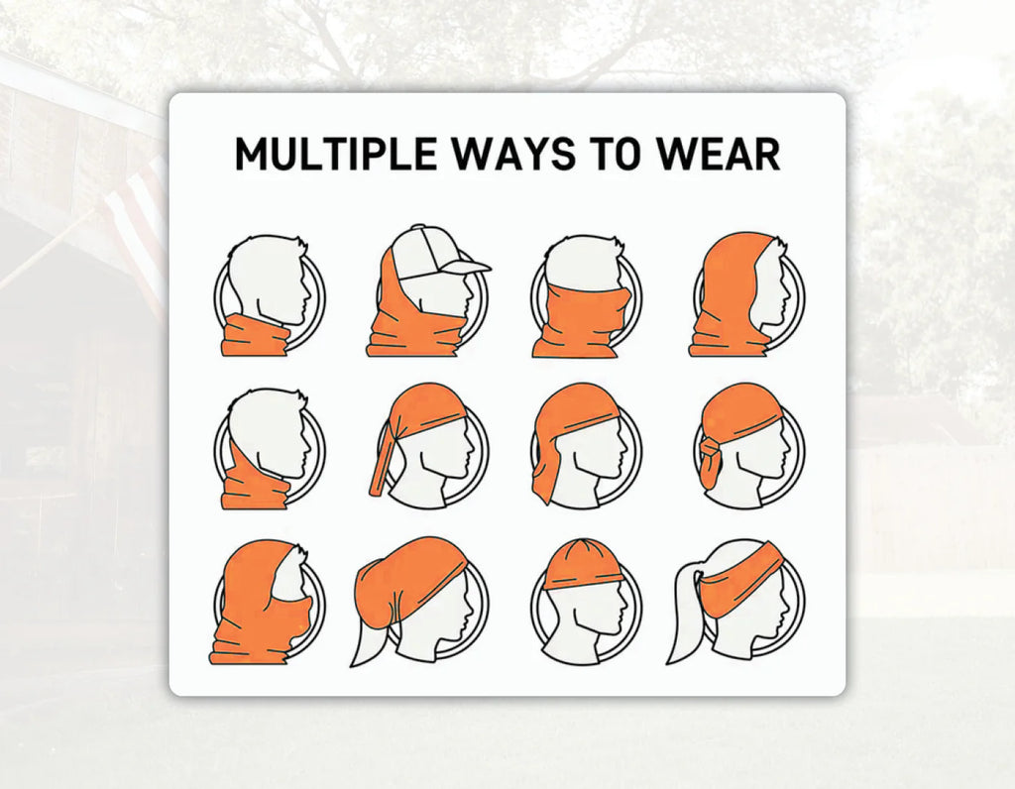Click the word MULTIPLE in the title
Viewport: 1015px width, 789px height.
(x=335, y=154)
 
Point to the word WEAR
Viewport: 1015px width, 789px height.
(x=718, y=154)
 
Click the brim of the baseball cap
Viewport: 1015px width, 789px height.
(x=468, y=266)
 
